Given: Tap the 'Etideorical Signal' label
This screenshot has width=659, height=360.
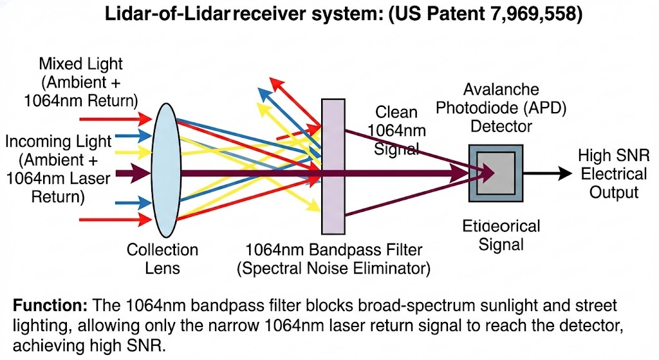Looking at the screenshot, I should pos(501,235).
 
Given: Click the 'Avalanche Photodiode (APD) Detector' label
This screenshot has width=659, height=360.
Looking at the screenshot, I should pos(501,108).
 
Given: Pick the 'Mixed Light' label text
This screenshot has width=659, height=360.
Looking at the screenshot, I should pos(81,64).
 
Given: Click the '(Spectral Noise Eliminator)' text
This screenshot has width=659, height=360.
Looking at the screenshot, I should pos(333,267).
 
